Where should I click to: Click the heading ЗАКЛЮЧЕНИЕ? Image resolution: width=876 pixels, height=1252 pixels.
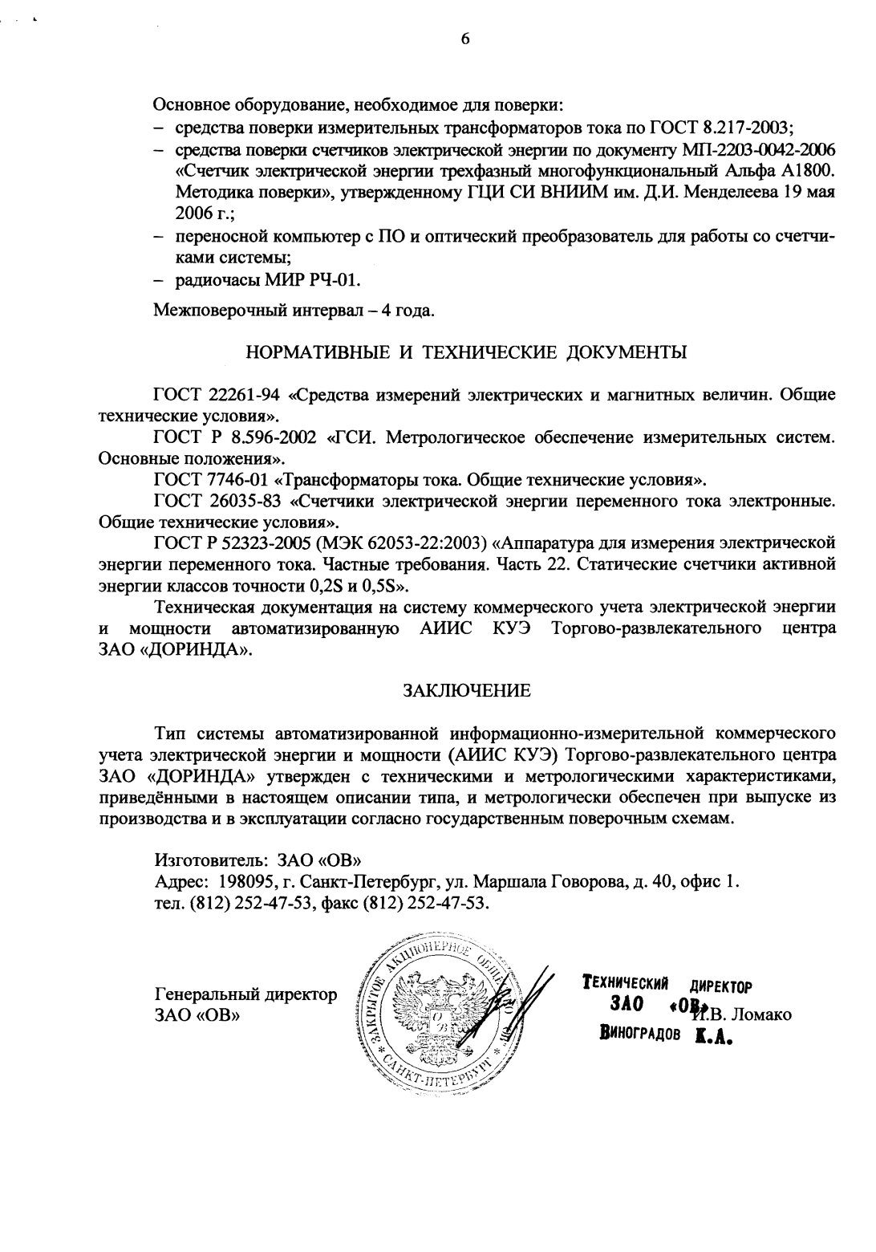(466, 689)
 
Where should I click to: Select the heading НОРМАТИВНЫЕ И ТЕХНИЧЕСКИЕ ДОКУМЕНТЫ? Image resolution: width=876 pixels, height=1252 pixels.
(466, 352)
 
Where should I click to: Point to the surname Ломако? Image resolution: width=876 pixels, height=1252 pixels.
(761, 1014)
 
